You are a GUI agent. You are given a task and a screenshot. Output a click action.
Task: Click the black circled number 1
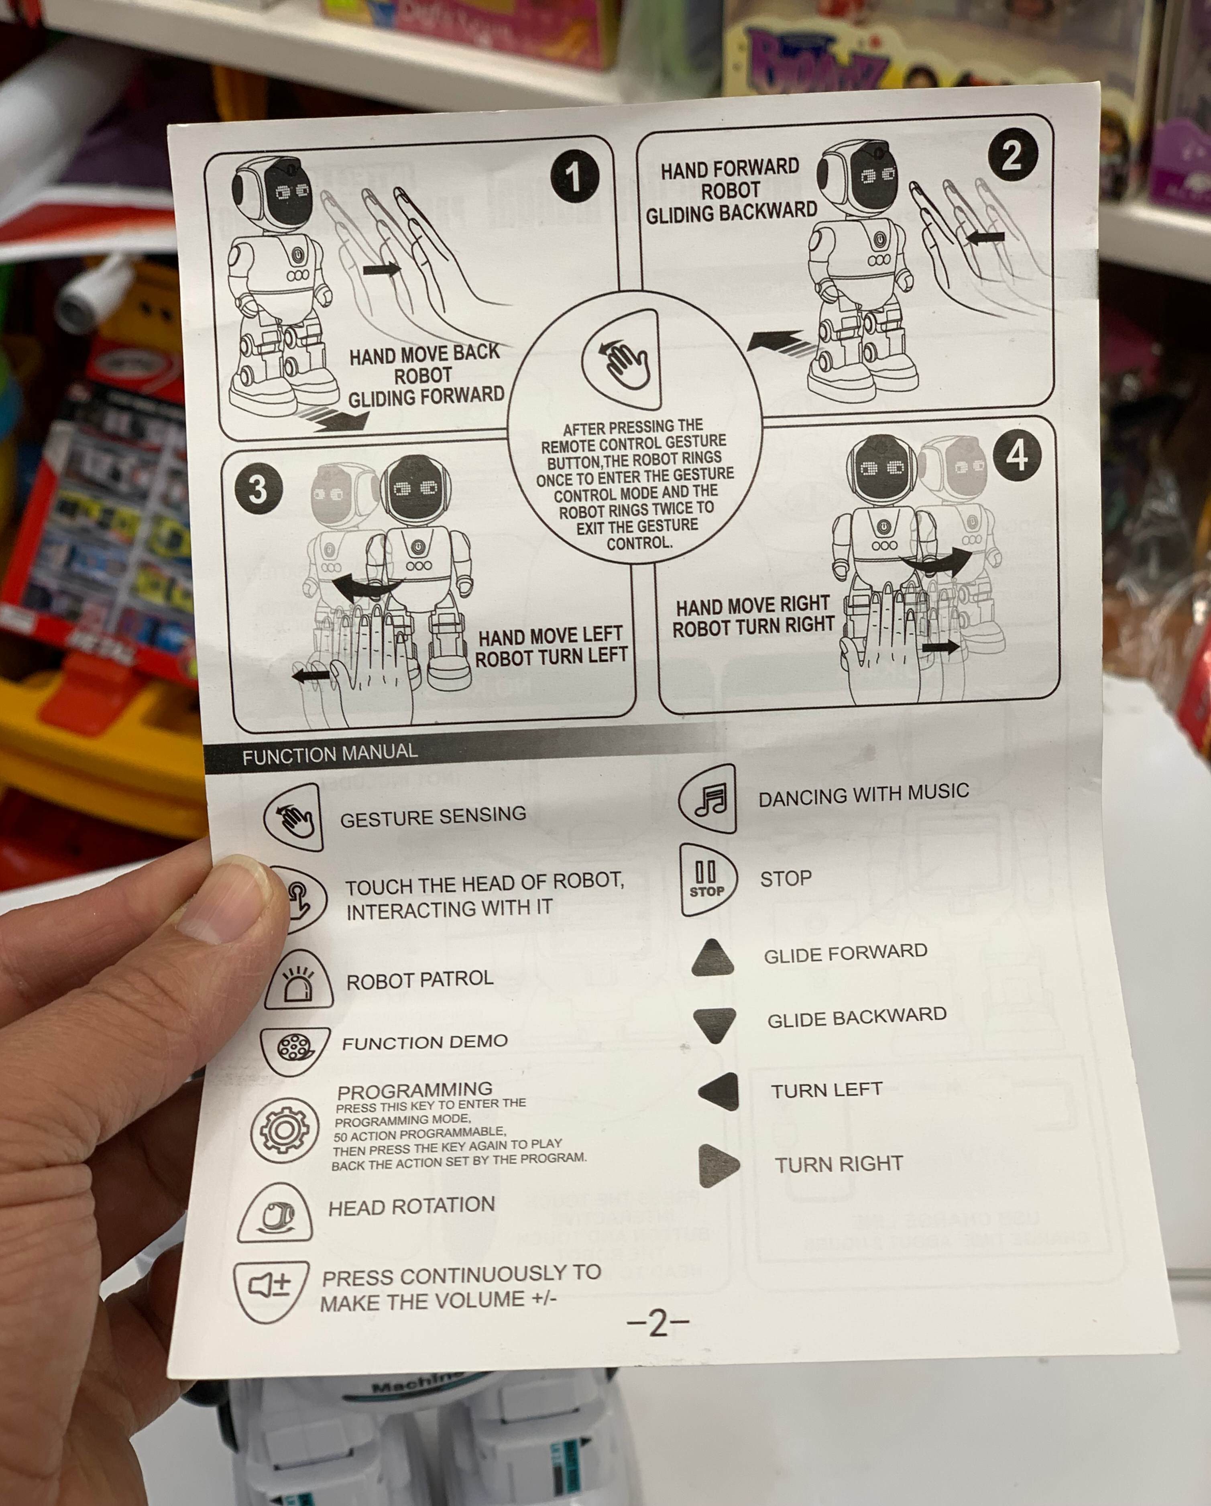pos(574,176)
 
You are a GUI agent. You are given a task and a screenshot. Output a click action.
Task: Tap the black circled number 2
pos(1012,155)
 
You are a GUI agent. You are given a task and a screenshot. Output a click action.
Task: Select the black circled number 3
pos(258,488)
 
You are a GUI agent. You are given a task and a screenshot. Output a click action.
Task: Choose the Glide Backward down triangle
pos(714,1024)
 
